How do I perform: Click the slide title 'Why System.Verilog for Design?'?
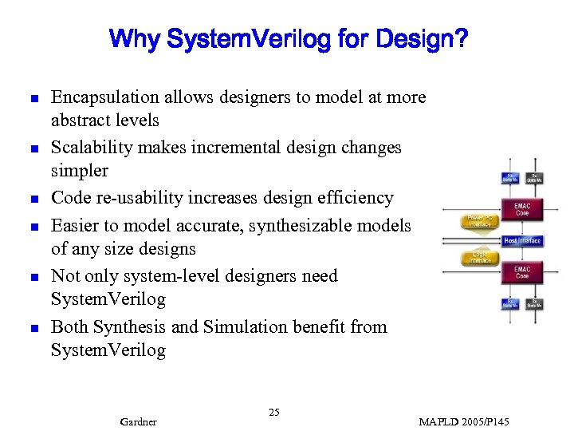click(288, 39)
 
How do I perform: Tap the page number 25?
click(273, 412)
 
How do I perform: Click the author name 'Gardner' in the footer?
click(137, 421)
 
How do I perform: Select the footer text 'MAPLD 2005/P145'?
click(463, 421)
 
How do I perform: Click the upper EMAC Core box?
click(522, 209)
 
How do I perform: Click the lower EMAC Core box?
click(522, 273)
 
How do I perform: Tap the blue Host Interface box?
click(522, 240)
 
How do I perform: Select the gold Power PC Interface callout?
click(480, 221)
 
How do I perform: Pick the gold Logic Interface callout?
click(480, 257)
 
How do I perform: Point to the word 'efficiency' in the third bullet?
click(354, 198)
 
